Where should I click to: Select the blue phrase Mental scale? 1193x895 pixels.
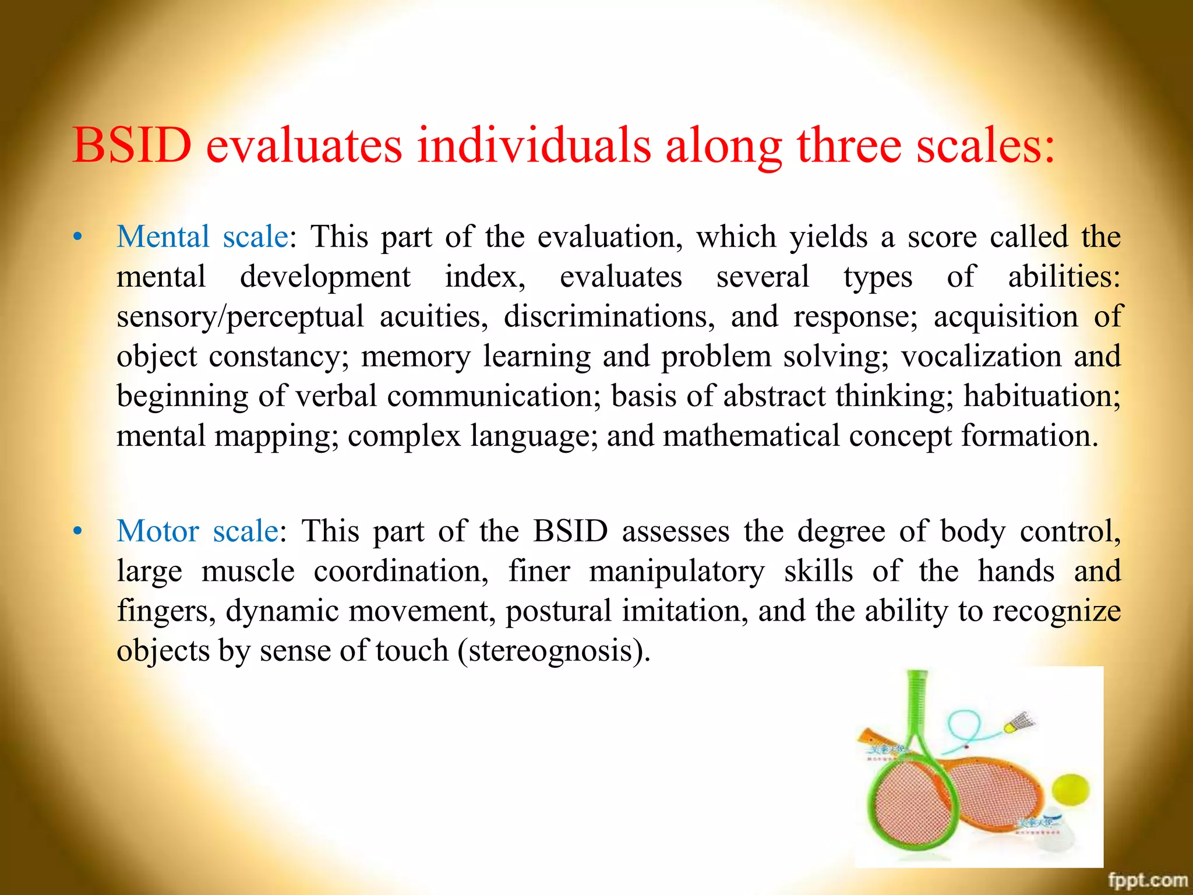(202, 237)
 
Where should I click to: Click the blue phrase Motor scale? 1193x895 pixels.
(197, 531)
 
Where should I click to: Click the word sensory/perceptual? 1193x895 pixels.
(240, 317)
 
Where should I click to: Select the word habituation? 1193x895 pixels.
(1041, 396)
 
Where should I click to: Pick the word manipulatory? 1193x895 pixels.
(676, 571)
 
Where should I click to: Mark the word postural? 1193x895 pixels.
(558, 611)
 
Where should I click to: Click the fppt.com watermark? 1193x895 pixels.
(1147, 880)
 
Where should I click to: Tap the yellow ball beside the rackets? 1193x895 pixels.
(1071, 791)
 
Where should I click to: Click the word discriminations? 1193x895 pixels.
(609, 317)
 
